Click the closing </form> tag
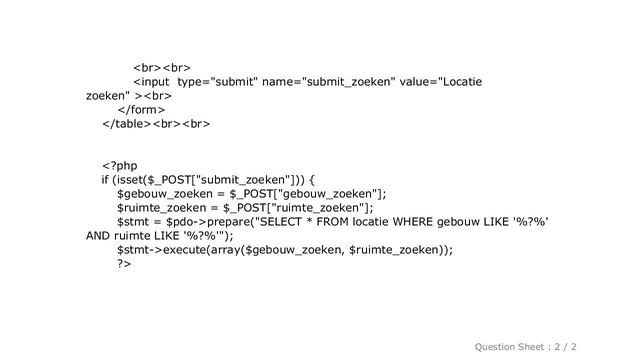[141, 108]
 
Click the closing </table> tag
[126, 124]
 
